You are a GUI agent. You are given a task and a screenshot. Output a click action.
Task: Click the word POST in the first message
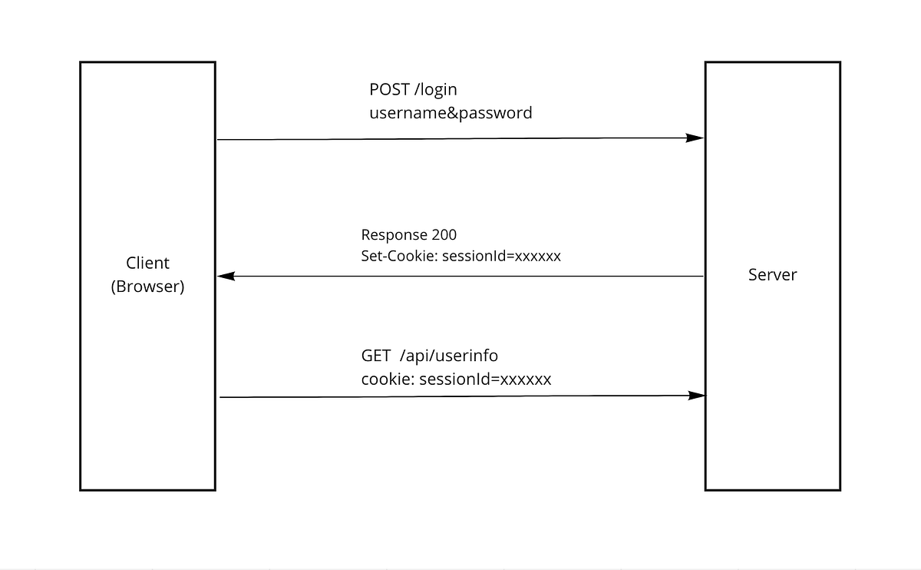(389, 89)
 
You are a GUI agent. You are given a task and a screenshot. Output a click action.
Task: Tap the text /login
(436, 89)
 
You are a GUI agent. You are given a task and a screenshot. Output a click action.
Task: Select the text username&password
(451, 113)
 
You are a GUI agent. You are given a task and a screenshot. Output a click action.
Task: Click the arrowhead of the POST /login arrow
(695, 138)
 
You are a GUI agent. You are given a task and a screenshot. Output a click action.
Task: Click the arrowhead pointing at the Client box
(226, 276)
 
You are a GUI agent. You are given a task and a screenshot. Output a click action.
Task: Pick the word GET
(376, 356)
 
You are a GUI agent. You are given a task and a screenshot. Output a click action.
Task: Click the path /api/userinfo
(450, 356)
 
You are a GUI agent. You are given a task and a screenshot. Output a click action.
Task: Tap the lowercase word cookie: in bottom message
(388, 379)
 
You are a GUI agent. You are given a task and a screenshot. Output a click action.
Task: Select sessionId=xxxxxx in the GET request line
(485, 379)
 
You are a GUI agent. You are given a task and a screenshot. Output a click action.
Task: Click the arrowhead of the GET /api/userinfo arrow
(697, 396)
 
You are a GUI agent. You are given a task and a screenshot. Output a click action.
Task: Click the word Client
(147, 263)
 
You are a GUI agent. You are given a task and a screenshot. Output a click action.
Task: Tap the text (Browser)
(147, 287)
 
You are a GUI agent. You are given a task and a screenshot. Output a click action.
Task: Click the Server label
(772, 275)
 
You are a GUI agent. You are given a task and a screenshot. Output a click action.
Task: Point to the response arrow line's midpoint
(460, 276)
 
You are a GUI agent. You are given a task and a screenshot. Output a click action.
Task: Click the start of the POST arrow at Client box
(220, 140)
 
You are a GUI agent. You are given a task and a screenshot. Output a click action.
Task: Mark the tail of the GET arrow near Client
(222, 397)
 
